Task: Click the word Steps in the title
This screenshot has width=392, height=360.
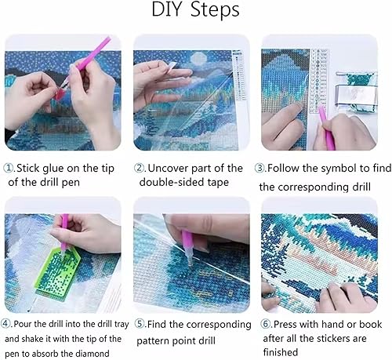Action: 215,10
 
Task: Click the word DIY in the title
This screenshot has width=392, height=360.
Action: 166,9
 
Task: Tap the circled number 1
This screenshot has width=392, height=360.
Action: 9,168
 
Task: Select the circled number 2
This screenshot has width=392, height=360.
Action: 140,168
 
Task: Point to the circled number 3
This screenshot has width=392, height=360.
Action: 260,168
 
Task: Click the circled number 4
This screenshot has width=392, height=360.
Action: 5,324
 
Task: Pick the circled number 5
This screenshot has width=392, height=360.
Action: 140,324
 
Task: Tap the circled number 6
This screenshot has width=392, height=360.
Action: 266,324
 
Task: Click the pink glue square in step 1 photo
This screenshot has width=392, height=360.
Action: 59,93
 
